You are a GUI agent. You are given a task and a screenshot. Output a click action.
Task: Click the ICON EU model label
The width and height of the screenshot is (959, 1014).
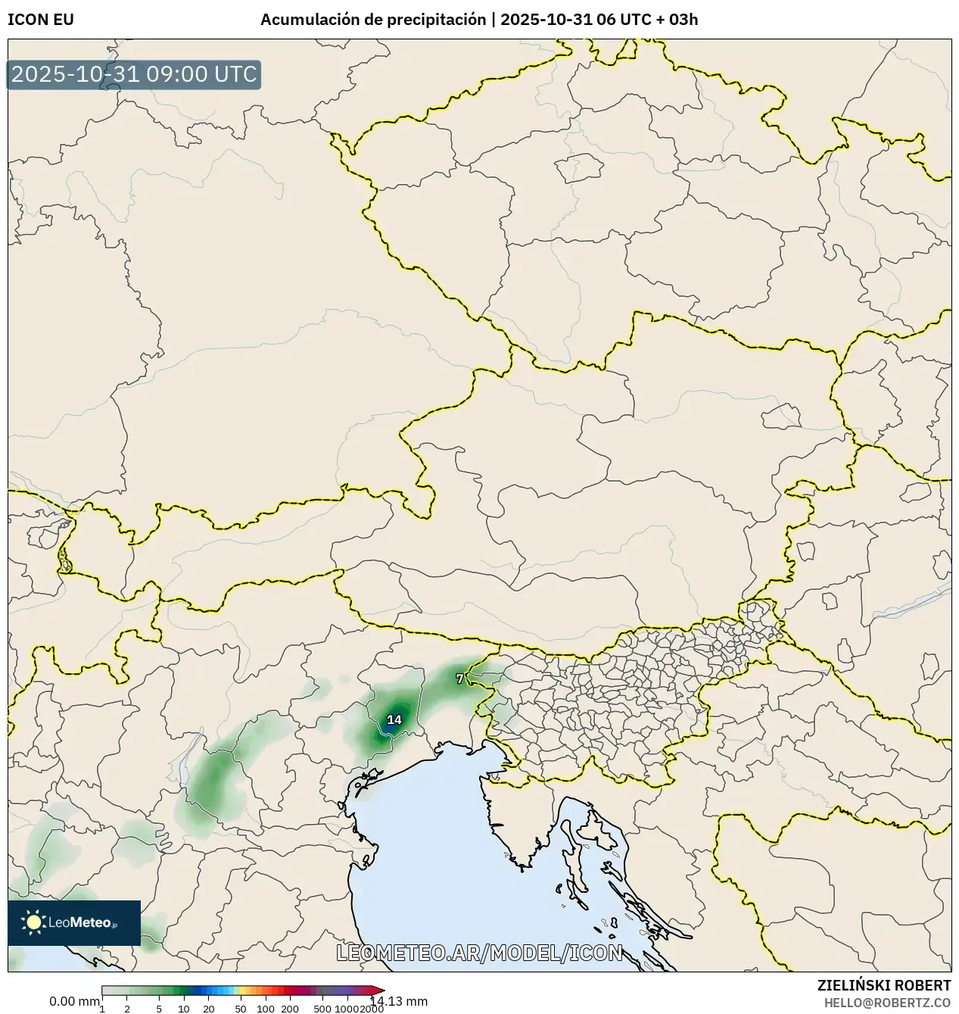41,20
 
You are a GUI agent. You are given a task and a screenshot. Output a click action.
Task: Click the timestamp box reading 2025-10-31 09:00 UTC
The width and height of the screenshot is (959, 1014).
134,75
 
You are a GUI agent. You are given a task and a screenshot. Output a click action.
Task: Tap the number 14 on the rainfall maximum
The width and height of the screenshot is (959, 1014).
394,719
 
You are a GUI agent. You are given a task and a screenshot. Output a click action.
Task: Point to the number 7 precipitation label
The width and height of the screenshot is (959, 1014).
459,679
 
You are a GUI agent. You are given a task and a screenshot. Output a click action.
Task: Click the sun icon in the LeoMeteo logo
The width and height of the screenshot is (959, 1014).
33,922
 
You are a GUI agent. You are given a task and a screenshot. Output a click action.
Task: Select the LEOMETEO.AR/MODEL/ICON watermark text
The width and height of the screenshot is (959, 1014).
479,953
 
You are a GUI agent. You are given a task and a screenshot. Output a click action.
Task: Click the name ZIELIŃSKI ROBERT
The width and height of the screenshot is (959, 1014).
883,985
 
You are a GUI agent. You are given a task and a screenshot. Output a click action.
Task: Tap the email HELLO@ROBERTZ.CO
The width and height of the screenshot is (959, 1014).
887,1002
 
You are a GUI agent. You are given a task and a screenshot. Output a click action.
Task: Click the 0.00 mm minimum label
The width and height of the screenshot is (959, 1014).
74,1001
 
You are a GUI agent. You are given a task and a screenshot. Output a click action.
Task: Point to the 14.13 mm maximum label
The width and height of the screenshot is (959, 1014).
398,1001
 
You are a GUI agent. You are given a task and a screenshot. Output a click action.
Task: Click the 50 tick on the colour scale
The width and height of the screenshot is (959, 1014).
240,1009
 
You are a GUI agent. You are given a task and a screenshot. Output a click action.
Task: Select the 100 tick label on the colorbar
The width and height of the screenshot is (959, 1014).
265,1009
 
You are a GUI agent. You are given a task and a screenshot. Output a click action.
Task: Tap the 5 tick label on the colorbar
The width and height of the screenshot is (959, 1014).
159,1009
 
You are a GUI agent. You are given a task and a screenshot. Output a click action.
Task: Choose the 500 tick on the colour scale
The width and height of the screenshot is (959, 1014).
322,1009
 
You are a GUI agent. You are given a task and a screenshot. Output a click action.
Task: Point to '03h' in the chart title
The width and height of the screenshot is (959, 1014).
683,20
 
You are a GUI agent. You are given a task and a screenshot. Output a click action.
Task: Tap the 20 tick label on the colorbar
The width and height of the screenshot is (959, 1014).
209,1009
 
